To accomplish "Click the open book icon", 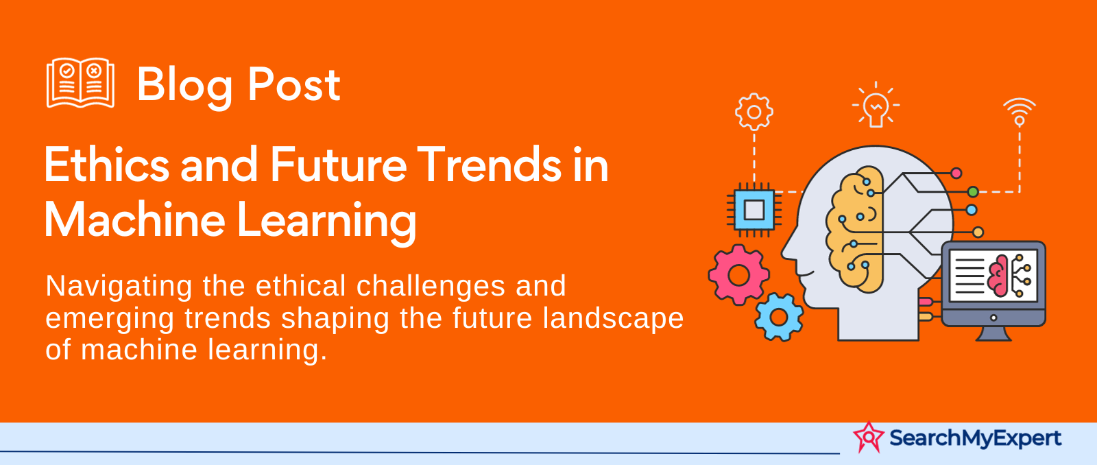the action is [x=80, y=82].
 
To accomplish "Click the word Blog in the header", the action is [x=184, y=86].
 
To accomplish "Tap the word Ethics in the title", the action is [x=107, y=165].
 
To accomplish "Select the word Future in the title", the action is [x=338, y=165].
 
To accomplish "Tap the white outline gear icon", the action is [x=754, y=112].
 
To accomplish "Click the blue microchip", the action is [x=754, y=210].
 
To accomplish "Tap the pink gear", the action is [x=738, y=276].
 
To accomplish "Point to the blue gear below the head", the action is [x=779, y=318].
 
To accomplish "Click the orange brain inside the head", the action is [x=855, y=229].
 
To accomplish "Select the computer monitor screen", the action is [x=993, y=276].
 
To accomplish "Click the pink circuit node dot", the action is [x=956, y=173].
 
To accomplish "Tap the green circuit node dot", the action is [x=973, y=191].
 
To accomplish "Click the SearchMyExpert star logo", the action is [x=868, y=437].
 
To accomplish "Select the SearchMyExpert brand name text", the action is [x=976, y=438].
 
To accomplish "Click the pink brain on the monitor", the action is [x=998, y=276].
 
